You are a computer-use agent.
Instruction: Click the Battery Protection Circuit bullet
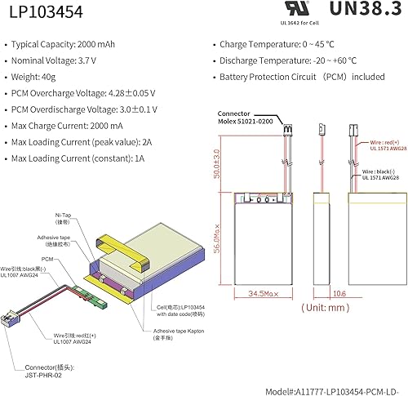click(302, 77)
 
